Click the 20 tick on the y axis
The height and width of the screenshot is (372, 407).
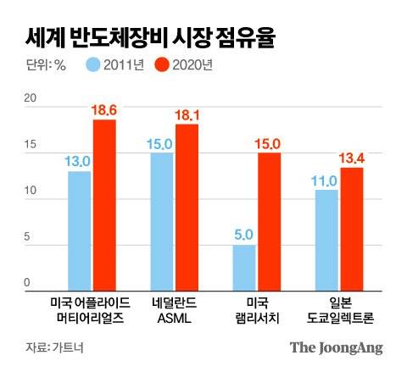31,100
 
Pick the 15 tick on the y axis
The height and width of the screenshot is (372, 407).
31,146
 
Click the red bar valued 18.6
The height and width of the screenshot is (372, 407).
104,203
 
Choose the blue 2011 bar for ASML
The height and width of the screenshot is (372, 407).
162,220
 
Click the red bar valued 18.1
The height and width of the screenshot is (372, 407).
187,206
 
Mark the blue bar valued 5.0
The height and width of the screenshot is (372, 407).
244,266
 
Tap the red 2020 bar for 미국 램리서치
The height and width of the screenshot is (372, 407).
269,220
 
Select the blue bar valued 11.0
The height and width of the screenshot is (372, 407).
326,238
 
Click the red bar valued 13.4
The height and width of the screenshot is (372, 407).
351,227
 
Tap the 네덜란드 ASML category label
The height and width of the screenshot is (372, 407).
174,309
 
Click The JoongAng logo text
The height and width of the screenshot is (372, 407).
336,347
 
